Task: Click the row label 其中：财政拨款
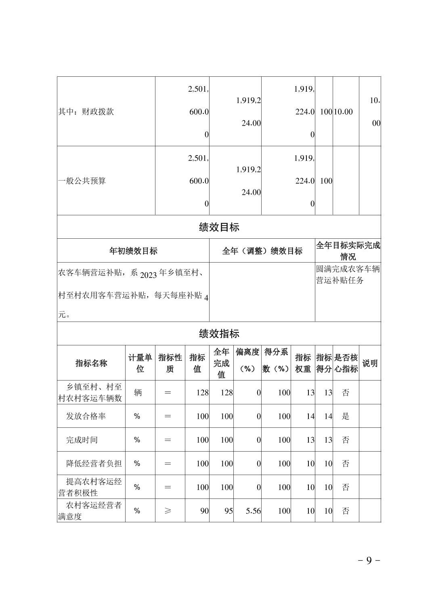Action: (86, 112)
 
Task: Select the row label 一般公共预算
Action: (82, 181)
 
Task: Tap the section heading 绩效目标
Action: (219, 227)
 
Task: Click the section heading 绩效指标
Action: (219, 334)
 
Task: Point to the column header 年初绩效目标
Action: (133, 251)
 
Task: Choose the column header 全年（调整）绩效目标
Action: (262, 251)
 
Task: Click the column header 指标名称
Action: (91, 363)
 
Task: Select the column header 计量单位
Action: (140, 363)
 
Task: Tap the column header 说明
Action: (370, 363)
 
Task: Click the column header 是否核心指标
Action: (346, 363)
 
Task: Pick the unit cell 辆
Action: (138, 392)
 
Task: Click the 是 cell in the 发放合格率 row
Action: (346, 416)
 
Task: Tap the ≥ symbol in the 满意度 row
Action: (168, 511)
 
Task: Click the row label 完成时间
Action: (82, 440)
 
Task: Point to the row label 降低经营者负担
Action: (94, 463)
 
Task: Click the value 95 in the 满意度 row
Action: (229, 511)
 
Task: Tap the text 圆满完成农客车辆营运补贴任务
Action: (348, 275)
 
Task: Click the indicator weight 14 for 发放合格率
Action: (310, 416)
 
